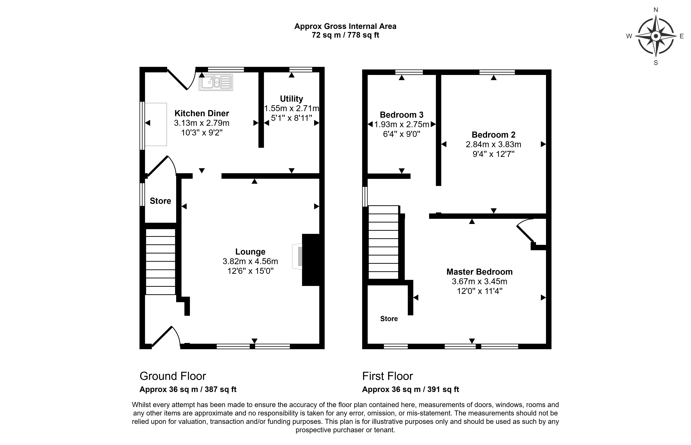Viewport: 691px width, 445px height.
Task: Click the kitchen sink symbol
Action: point(216,82)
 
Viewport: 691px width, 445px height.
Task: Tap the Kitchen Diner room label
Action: point(202,113)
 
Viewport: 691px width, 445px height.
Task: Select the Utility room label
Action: point(291,99)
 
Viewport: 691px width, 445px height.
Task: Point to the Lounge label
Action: point(250,252)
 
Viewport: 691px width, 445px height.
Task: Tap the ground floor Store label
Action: point(160,201)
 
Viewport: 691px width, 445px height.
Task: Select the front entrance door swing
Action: point(166,337)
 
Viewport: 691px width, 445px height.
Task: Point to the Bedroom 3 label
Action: point(401,115)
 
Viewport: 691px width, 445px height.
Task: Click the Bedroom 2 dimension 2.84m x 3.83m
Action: point(493,144)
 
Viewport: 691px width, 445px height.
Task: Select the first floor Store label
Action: point(389,319)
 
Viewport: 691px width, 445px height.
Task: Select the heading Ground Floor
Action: point(173,376)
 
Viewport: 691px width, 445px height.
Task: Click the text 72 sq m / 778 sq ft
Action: point(345,35)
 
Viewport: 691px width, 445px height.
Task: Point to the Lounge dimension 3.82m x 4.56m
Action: point(250,261)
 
